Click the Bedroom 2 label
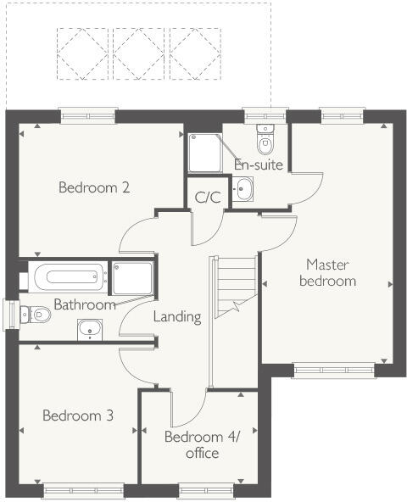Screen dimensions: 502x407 (x=93, y=187)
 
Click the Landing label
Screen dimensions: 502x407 (x=177, y=317)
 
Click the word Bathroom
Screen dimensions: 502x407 (x=84, y=304)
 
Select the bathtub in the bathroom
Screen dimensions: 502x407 (x=67, y=276)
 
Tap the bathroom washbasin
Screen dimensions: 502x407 (x=89, y=329)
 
